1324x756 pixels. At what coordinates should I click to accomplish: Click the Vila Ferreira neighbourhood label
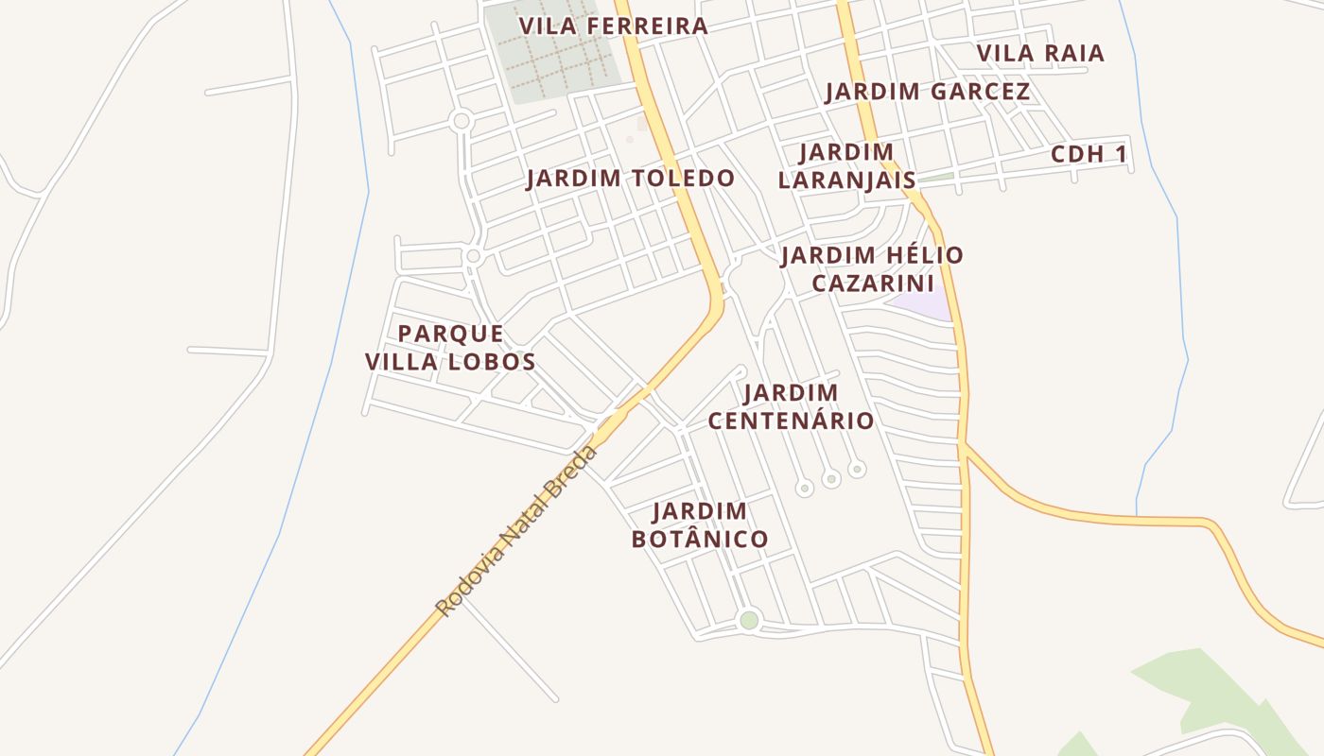click(614, 26)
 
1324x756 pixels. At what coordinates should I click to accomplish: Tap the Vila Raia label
click(1040, 53)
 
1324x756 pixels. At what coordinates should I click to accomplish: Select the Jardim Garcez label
click(928, 92)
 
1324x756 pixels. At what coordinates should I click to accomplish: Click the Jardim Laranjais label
click(846, 165)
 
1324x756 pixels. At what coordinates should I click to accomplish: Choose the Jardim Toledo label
click(631, 178)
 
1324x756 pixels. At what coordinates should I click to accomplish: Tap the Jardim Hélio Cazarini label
click(872, 268)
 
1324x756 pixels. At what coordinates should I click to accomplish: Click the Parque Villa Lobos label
click(450, 347)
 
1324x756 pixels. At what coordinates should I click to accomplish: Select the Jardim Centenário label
click(791, 406)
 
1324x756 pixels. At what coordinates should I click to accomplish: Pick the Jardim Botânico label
click(700, 525)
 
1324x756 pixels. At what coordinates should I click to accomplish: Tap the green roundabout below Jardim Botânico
click(749, 621)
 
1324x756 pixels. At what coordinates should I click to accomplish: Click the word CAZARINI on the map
click(873, 283)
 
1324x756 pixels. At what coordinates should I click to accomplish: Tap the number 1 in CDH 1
click(1122, 154)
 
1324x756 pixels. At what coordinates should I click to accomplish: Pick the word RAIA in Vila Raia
click(1072, 53)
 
